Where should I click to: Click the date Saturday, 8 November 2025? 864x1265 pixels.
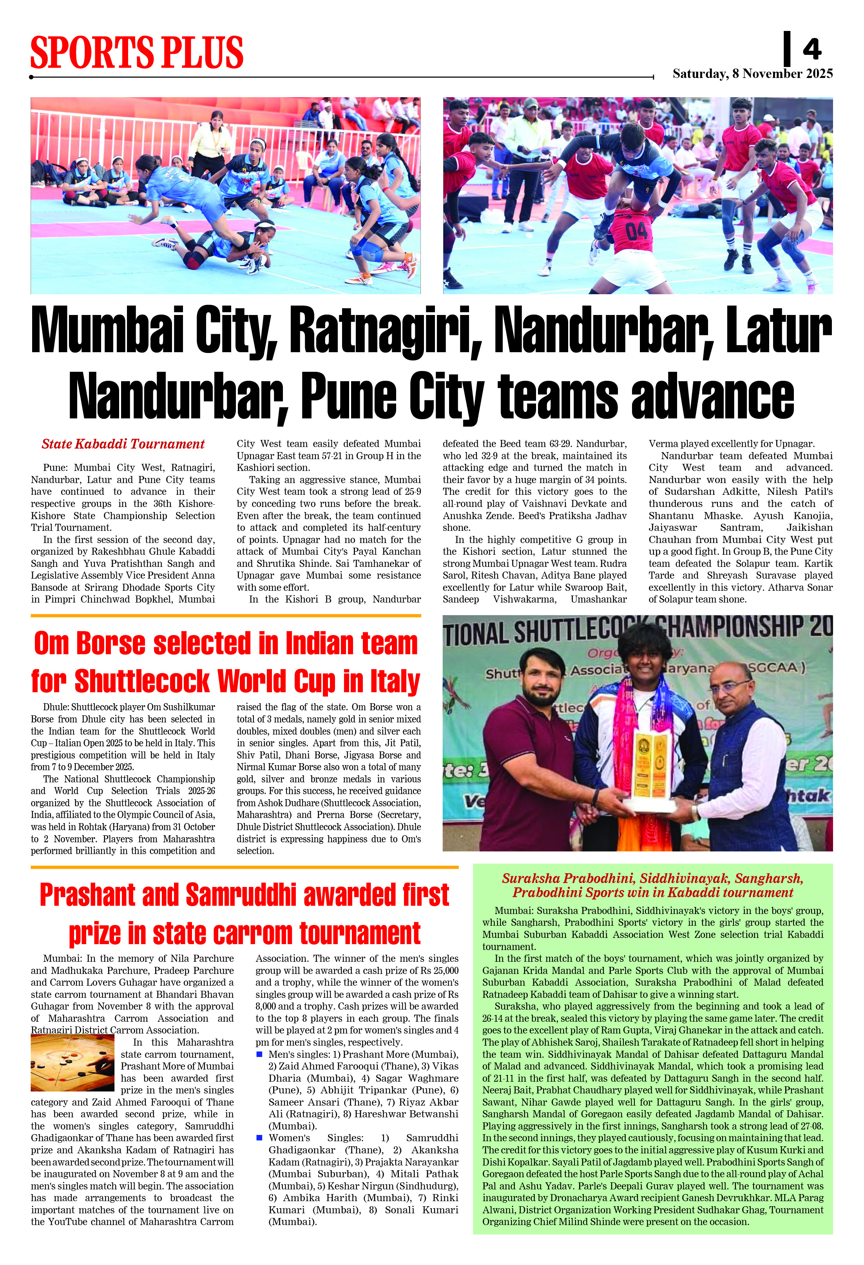(x=752, y=74)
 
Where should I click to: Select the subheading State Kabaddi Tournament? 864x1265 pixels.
(x=123, y=444)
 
